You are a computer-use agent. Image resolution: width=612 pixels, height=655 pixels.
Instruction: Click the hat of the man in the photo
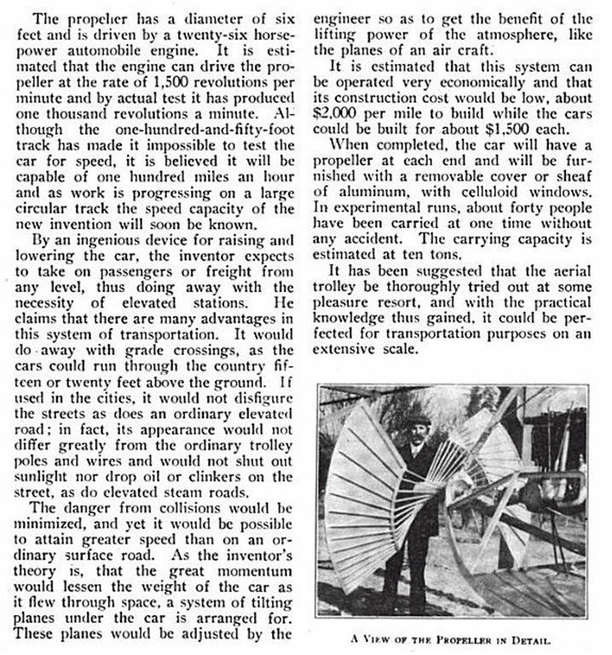click(x=419, y=419)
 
